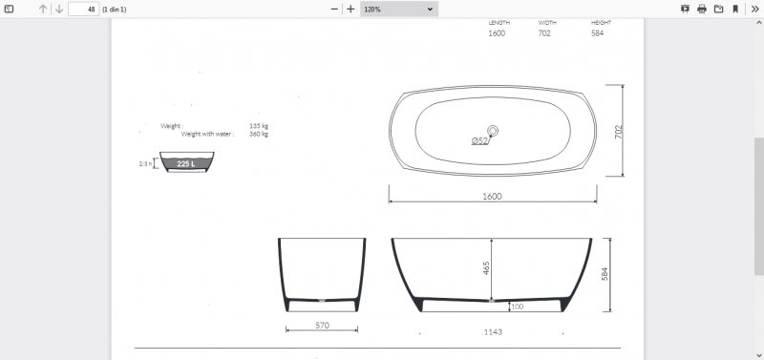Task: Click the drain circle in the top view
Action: click(x=493, y=131)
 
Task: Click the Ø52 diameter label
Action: click(x=480, y=141)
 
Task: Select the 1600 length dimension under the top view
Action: click(x=492, y=197)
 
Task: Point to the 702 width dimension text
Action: click(x=619, y=132)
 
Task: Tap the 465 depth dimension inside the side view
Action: click(x=486, y=268)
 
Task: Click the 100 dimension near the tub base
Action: click(x=518, y=307)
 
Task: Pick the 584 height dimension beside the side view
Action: click(x=605, y=274)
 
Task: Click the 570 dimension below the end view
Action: click(x=322, y=326)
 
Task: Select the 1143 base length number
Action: click(x=493, y=332)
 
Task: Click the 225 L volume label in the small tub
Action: click(x=186, y=164)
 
